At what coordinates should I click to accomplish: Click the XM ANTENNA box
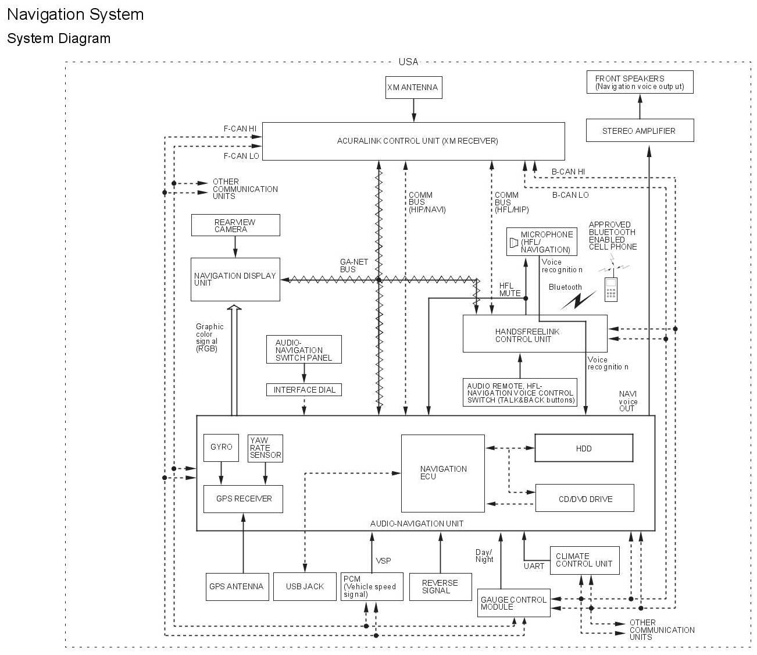413,88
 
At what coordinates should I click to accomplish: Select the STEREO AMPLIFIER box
640,131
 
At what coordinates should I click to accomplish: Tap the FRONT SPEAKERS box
640,82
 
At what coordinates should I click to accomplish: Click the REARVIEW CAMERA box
235,225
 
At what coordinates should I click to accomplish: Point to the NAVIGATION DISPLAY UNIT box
235,279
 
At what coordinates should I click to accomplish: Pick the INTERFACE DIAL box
304,390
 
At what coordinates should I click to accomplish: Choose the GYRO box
221,448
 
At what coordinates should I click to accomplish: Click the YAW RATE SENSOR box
265,448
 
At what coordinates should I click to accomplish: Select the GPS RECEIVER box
243,499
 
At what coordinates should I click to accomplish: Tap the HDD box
584,448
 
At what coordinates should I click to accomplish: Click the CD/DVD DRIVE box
584,499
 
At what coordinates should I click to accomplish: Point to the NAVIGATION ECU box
443,473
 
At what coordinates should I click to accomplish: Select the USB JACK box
305,586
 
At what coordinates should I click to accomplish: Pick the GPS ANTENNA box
236,586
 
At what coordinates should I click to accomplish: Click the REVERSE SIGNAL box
440,586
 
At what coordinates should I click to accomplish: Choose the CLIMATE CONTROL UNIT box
584,560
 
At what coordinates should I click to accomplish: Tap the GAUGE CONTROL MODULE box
513,603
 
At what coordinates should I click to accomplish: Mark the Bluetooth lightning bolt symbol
578,301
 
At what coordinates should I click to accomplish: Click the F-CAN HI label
240,129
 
